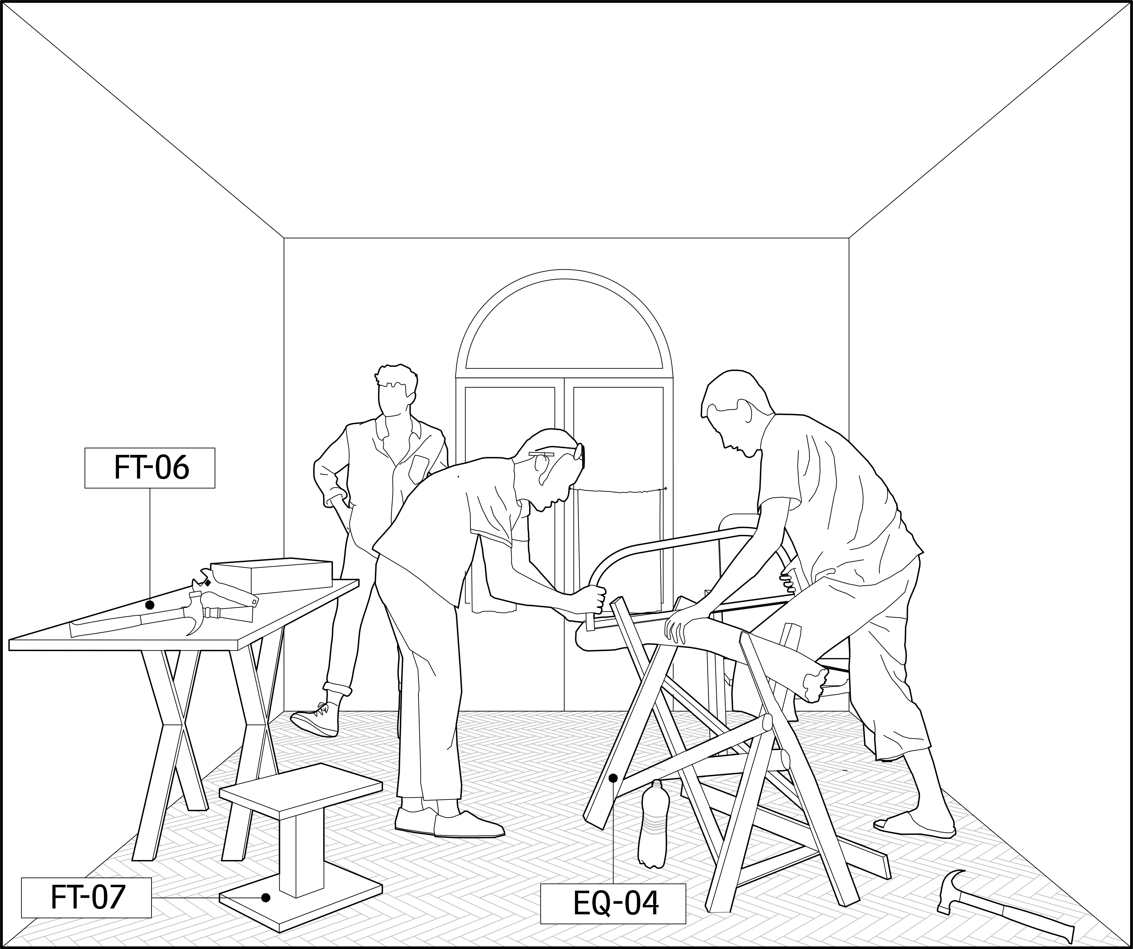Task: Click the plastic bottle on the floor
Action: [653, 825]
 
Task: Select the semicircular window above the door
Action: [564, 324]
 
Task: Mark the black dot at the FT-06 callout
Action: [150, 605]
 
